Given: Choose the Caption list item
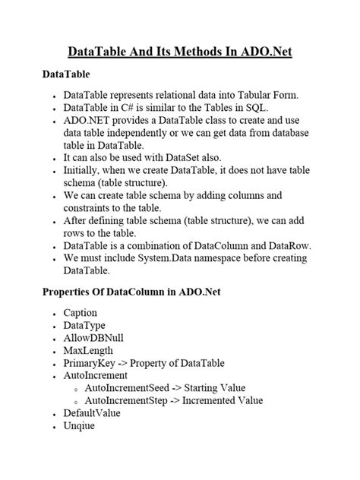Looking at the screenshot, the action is [82, 313].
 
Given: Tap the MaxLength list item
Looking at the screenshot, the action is [88, 350].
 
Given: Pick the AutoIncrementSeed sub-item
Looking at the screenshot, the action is [130, 388].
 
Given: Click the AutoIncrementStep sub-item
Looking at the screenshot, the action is [129, 401].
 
